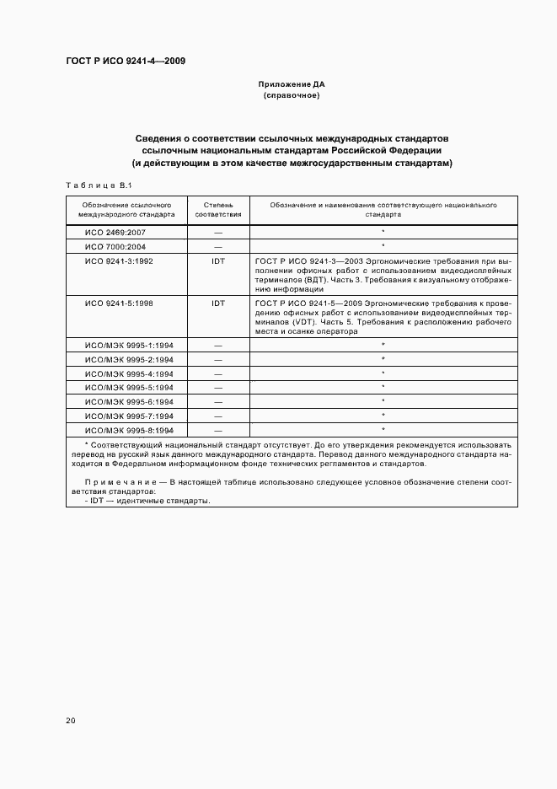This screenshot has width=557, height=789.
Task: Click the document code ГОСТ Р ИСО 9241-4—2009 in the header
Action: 126,62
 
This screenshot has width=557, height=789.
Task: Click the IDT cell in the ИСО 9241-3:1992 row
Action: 218,261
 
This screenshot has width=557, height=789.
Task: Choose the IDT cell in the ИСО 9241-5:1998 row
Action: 218,302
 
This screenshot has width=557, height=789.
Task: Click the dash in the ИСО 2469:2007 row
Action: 218,231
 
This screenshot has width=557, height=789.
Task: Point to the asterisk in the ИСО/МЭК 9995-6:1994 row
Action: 383,402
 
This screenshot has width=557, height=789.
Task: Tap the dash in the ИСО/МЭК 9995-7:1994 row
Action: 218,416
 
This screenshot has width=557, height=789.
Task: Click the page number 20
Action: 70,721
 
